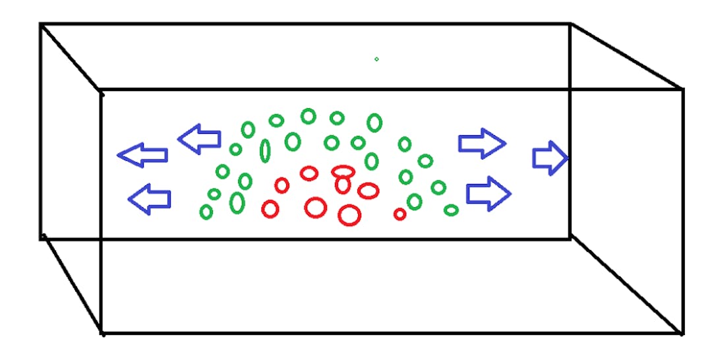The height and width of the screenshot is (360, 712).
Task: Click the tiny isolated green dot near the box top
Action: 376,59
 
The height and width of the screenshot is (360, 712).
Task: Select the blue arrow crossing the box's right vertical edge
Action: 550,159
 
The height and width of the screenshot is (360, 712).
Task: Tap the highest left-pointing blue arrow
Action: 199,138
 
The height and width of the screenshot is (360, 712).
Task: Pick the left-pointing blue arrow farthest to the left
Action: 142,155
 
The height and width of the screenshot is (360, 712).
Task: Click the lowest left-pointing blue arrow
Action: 150,199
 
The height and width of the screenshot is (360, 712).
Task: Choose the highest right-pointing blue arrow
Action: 482,142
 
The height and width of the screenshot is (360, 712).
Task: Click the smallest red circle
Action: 400,214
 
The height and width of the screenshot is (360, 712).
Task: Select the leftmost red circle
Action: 270,209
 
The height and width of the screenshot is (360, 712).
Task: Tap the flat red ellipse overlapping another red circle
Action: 343,171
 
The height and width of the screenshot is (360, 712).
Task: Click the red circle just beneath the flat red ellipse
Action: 342,185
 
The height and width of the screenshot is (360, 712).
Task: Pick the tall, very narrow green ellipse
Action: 265,150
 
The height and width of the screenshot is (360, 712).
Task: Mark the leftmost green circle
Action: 206,212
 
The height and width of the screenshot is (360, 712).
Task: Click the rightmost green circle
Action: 451,210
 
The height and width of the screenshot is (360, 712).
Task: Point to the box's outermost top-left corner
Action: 41,24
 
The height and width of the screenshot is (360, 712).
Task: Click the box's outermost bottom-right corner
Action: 682,332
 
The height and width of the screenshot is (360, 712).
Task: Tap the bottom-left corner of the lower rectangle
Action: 102,332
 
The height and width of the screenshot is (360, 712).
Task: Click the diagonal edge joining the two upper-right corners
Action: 626,56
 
